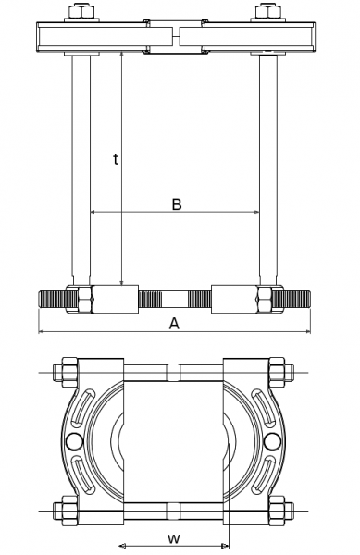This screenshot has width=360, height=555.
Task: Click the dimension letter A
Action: click(x=174, y=323)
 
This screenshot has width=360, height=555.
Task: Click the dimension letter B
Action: click(x=176, y=203)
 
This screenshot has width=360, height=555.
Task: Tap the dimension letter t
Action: click(x=115, y=159)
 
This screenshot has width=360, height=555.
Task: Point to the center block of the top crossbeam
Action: click(x=174, y=34)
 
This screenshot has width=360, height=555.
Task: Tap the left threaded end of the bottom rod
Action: click(x=54, y=300)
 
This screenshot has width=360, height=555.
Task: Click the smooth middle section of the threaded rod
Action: click(x=174, y=300)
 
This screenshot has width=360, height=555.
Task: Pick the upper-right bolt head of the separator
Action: click(x=281, y=374)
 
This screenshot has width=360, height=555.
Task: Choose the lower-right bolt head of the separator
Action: click(x=281, y=508)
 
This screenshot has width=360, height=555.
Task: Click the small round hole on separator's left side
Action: click(x=73, y=440)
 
